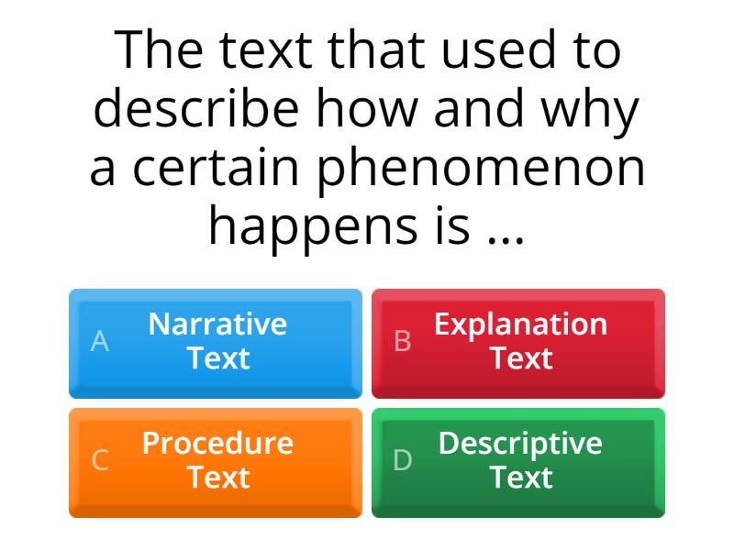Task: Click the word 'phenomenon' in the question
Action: (481, 170)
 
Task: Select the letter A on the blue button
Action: (100, 342)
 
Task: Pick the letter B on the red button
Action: (403, 342)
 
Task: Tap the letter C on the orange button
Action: (100, 461)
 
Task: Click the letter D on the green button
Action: (403, 461)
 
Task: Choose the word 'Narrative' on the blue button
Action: (217, 324)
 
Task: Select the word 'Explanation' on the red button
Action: (520, 324)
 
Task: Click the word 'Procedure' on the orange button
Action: (217, 444)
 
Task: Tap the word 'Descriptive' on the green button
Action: (520, 444)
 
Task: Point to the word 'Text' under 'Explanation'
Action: (520, 358)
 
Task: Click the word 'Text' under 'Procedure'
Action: (217, 478)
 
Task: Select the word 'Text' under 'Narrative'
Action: (217, 358)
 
